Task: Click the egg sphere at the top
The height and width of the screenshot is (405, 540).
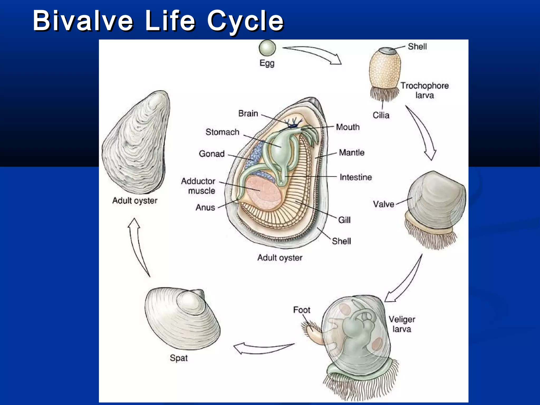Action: point(267,48)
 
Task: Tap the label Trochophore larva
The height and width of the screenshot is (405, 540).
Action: point(425,90)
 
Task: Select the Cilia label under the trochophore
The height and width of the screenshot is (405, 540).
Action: point(381,115)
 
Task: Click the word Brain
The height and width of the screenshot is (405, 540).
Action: point(248,113)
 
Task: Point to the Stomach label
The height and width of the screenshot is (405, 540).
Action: point(222,132)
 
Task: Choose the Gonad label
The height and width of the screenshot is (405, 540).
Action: point(212,154)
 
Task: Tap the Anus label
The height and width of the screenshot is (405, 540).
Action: point(205,208)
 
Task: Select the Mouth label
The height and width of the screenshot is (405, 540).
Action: point(348,127)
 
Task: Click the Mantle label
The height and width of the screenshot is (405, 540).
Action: point(351,152)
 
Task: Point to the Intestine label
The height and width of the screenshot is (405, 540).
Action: point(355,177)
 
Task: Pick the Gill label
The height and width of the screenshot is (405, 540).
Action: point(344,220)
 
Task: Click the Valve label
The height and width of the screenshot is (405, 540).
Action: point(383,204)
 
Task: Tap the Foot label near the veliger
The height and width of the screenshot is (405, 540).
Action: point(302,310)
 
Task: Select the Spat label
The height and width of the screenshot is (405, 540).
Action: point(179,358)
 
